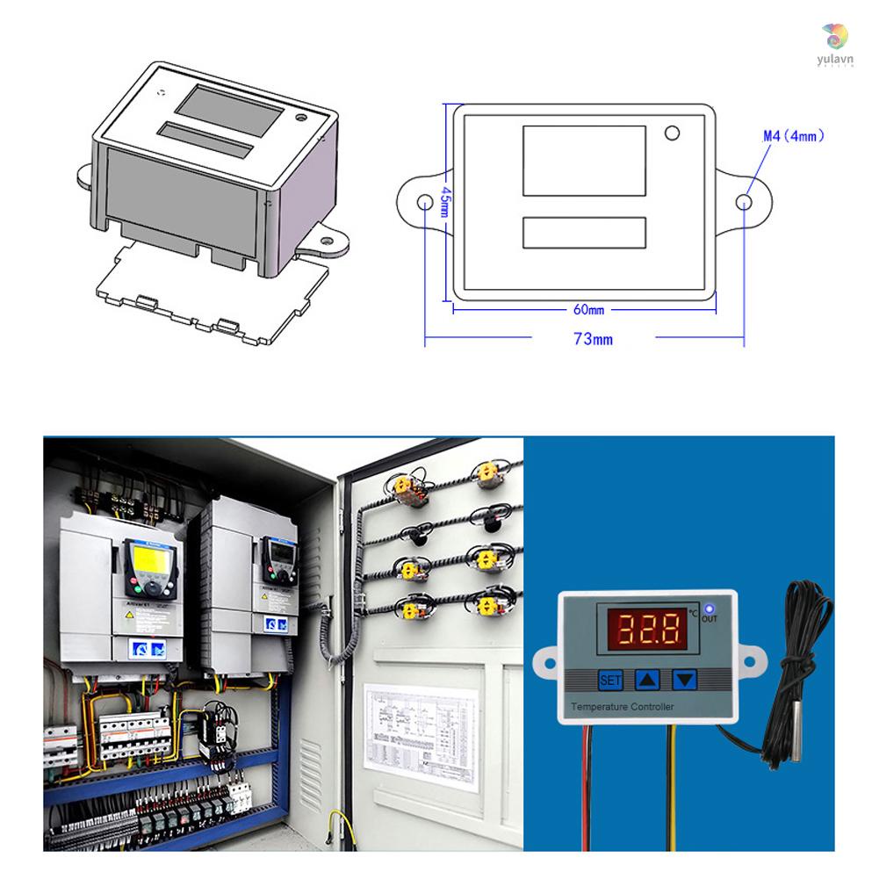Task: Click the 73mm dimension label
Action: pos(593,339)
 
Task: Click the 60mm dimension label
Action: pos(589,310)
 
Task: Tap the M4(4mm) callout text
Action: pos(793,136)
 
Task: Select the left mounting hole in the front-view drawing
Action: pos(425,202)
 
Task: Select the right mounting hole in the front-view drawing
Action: pos(743,202)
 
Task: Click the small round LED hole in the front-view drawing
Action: pos(673,133)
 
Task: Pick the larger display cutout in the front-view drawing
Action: pos(584,161)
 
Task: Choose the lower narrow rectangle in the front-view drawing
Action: pos(584,233)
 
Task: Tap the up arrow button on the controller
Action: pos(647,679)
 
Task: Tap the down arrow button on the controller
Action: pos(685,679)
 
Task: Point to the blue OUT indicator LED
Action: pos(709,609)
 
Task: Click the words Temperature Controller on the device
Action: pos(623,707)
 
